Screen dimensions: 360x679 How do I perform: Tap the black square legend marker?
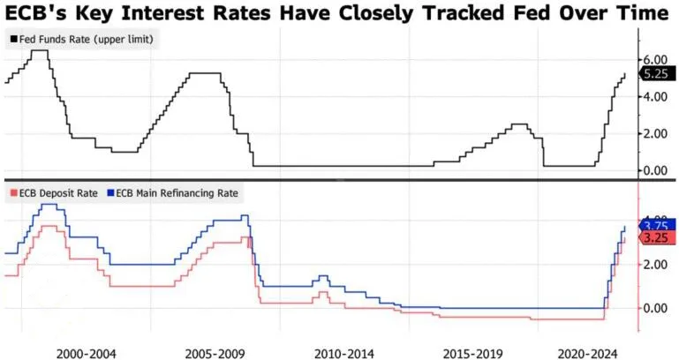(11, 39)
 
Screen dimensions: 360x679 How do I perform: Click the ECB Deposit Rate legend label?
(54, 192)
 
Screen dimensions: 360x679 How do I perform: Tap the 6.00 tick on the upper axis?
(655, 58)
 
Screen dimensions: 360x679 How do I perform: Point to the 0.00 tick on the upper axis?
(655, 170)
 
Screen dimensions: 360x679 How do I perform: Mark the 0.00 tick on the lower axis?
(655, 308)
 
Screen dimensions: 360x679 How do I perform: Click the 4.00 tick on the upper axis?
(655, 96)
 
